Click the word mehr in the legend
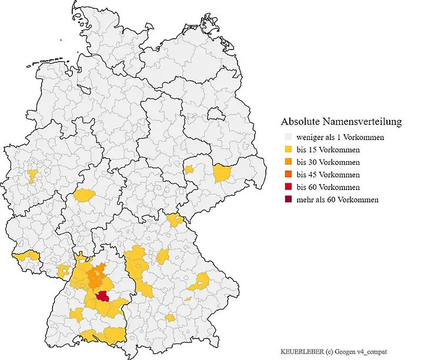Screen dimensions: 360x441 coord(306,199)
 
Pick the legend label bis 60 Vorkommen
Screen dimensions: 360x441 coord(328,187)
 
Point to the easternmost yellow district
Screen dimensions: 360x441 coord(222,173)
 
